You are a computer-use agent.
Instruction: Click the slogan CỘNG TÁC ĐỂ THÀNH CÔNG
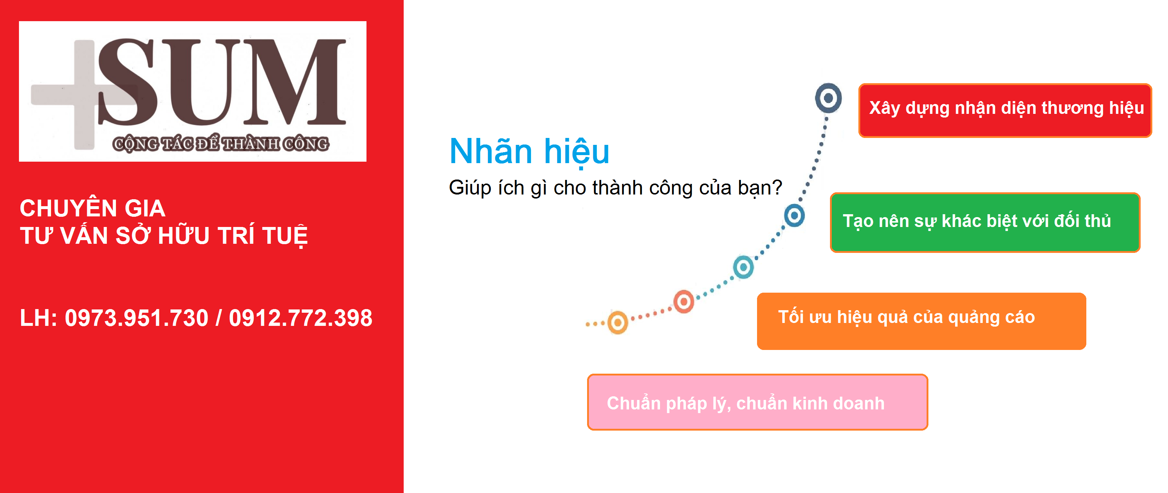[x=221, y=144]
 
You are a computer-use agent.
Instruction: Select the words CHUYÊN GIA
[x=93, y=208]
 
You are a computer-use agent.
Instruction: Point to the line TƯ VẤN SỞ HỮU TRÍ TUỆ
[x=164, y=235]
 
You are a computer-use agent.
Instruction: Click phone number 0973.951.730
[x=136, y=317]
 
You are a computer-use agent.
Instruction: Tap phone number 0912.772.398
[x=300, y=317]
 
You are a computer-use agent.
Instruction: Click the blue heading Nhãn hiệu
[x=529, y=151]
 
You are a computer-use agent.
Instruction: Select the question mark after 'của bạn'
[x=777, y=186]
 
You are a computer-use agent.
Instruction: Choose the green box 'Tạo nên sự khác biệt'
[x=985, y=222]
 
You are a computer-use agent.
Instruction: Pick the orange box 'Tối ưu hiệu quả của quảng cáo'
[x=921, y=321]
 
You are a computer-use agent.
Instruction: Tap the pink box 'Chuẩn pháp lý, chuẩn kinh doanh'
[x=757, y=402]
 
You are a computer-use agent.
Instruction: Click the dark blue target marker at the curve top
[x=829, y=98]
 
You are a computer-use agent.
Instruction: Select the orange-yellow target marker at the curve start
[x=618, y=323]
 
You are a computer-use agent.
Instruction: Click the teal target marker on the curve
[x=744, y=267]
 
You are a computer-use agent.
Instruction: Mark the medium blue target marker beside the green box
[x=794, y=215]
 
